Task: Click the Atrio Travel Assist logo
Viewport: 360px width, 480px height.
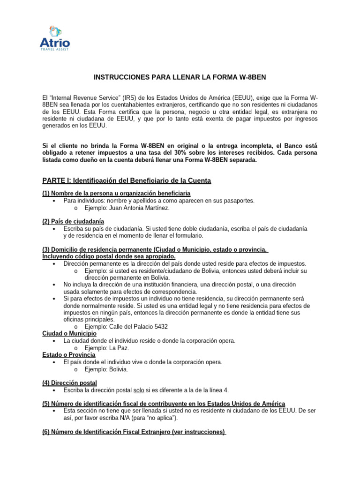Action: (55, 38)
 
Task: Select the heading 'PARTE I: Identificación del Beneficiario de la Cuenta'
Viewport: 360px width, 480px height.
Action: (127, 180)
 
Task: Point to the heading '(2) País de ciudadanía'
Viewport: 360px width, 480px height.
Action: (73, 221)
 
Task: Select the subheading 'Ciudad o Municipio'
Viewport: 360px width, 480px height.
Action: (69, 333)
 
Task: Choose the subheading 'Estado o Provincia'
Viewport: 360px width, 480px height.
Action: (69, 355)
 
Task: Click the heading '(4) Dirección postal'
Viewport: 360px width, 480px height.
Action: (70, 383)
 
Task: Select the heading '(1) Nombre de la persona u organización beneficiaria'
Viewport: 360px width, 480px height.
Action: (117, 194)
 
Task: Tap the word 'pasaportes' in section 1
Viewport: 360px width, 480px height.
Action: (238, 200)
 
